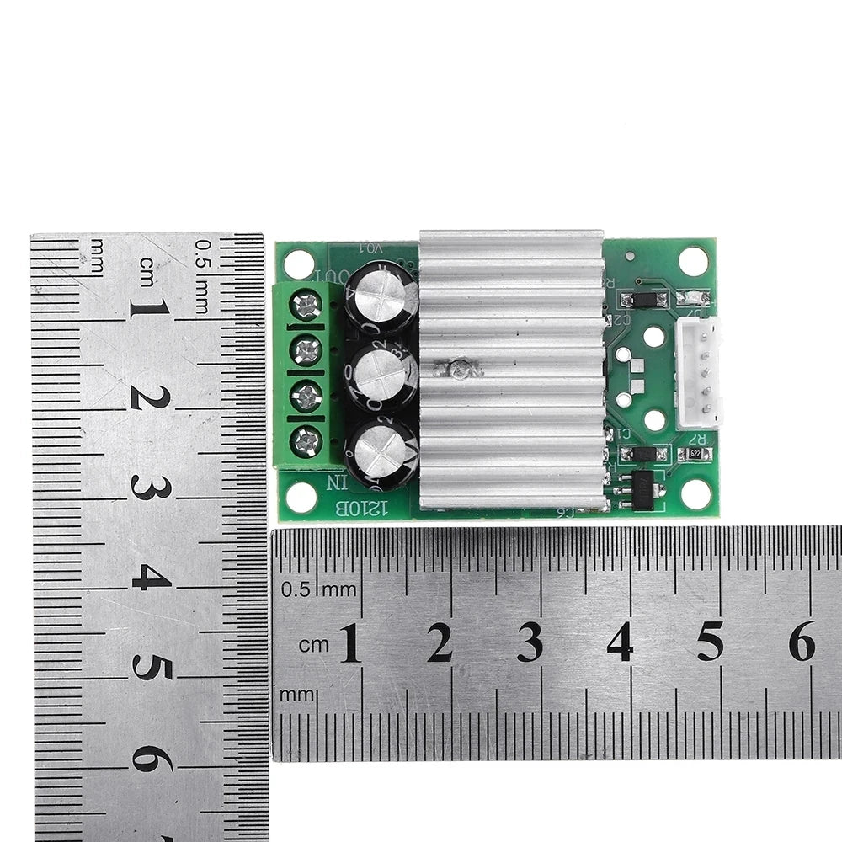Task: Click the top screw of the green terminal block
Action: pos(306,305)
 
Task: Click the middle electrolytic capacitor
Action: pos(383,376)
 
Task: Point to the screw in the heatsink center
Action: pos(460,368)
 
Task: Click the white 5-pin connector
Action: pos(699,373)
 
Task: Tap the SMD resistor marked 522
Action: pos(695,454)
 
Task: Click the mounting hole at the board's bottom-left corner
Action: pos(301,497)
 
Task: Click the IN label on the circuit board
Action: pos(336,483)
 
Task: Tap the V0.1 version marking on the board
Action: pos(370,248)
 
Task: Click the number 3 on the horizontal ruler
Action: pos(530,644)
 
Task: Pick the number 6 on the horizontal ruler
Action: pos(801,644)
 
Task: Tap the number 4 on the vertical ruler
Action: pos(152,578)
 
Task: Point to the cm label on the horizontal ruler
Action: pos(314,644)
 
